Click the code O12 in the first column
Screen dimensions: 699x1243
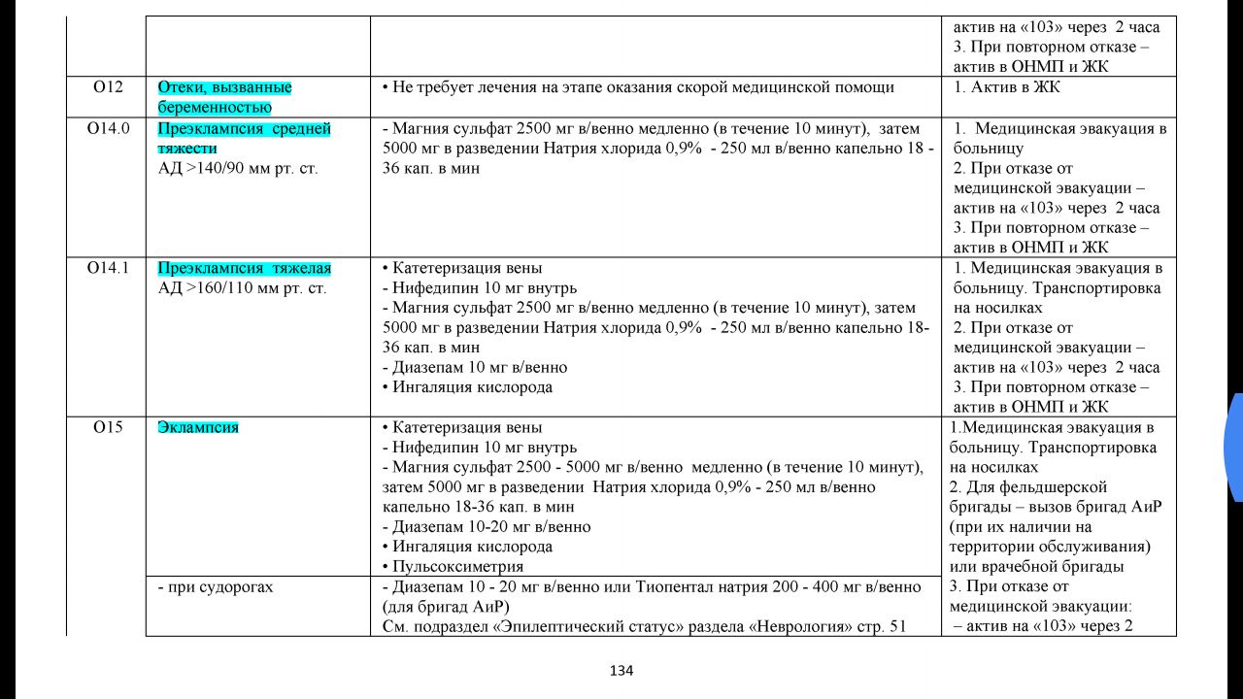(x=108, y=87)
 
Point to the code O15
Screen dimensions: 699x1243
(x=108, y=427)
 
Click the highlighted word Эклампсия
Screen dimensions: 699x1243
(x=198, y=427)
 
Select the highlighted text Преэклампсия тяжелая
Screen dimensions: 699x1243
(x=245, y=268)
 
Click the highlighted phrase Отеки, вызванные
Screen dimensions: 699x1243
(x=224, y=87)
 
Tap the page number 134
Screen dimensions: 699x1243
(x=621, y=670)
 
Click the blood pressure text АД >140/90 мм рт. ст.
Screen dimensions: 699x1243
(x=238, y=168)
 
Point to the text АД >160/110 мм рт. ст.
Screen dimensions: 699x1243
(x=242, y=288)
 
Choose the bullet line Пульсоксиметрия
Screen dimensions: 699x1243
(x=458, y=566)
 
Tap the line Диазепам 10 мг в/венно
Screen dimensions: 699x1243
(x=479, y=367)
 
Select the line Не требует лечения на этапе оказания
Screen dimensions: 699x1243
(x=643, y=87)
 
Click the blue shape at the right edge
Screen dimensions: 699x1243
(x=1235, y=447)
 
